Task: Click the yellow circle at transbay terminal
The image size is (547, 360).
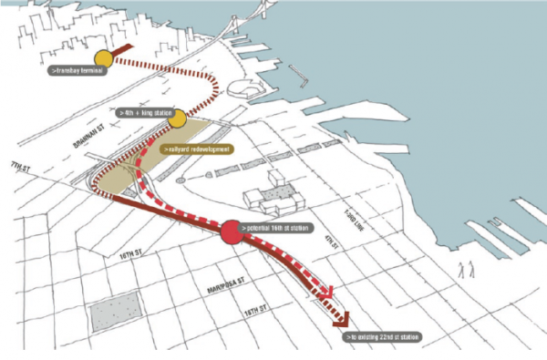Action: pos(103,59)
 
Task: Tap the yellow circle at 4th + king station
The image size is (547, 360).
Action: pos(177,118)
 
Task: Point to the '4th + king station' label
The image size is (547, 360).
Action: pos(144,112)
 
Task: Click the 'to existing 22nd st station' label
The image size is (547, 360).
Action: pos(383,337)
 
